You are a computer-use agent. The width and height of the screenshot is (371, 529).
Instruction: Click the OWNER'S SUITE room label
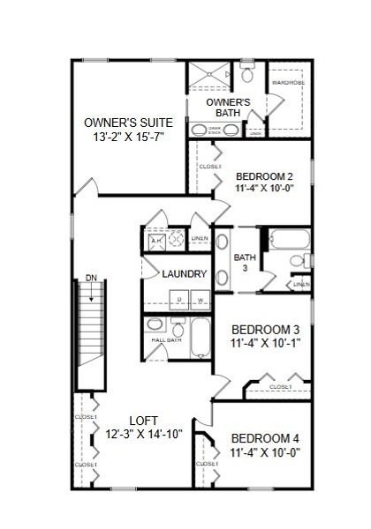coord(128,122)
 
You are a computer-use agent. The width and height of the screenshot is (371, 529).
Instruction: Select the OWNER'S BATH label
coord(228,108)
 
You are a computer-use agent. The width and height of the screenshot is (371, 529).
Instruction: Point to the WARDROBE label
coord(287,83)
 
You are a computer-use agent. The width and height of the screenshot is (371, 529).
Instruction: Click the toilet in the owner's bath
coord(246,75)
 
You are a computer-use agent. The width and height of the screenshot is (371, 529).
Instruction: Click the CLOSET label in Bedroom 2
coord(210,166)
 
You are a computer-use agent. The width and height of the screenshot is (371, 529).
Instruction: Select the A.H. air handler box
coord(155,240)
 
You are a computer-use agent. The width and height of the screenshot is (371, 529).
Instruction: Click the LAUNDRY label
coord(184,274)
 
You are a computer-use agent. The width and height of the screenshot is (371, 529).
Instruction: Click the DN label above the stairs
coord(91,279)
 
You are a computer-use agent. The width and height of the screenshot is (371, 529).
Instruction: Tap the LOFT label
coord(143,421)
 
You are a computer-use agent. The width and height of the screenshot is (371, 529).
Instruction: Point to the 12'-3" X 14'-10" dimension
coord(143,435)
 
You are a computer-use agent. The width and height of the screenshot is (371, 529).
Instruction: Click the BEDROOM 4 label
coord(266,439)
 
